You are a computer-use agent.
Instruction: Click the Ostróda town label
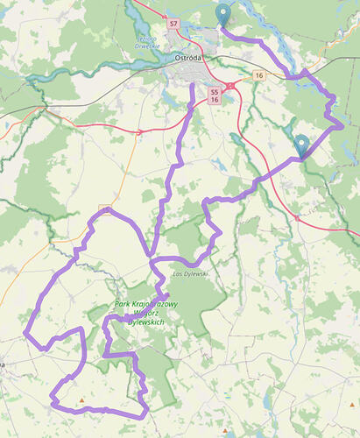tap(189, 58)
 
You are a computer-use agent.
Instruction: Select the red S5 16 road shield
tap(215, 95)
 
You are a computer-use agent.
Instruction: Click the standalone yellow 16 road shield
tap(259, 76)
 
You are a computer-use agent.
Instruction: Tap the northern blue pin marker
tap(223, 13)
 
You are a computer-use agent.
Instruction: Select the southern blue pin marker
tap(302, 144)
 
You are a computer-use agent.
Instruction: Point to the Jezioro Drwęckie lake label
tap(145, 43)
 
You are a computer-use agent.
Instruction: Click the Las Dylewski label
tap(189, 274)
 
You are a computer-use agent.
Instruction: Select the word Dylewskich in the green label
tap(146, 321)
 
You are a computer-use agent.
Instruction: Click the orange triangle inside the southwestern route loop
tap(81, 401)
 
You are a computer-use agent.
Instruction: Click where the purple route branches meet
tap(152, 261)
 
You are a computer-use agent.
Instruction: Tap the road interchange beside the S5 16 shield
tap(229, 86)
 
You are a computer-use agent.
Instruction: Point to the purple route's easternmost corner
tap(342, 125)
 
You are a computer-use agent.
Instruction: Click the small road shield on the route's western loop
tap(104, 209)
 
